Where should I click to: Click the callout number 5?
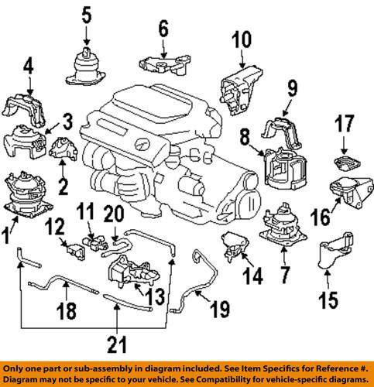[x=87, y=13]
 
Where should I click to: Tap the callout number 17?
[x=343, y=122]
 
